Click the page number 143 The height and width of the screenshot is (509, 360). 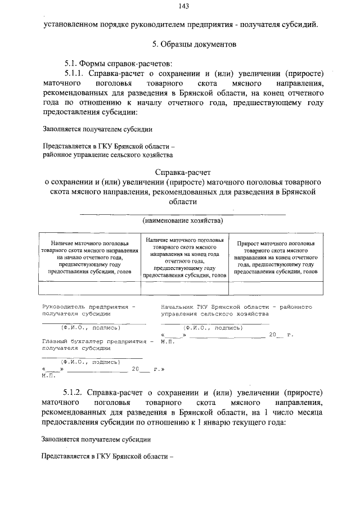(x=183, y=6)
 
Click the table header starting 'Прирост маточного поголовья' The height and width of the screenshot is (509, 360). (x=275, y=258)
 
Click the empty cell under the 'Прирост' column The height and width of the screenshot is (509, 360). (x=275, y=287)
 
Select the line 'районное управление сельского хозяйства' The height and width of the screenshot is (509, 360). (x=108, y=154)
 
